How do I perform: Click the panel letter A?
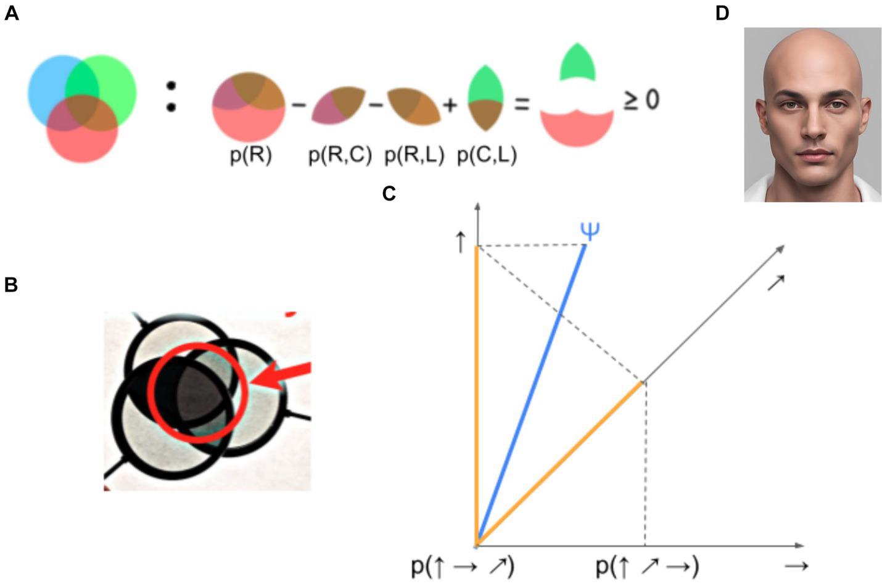pos(11,13)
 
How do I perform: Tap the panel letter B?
pos(10,285)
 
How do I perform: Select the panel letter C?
pos(389,194)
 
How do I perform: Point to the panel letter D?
pos(722,13)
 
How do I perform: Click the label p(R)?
pos(250,155)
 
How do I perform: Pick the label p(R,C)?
pos(340,155)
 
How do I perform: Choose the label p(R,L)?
pos(414,155)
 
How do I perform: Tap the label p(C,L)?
pos(487,155)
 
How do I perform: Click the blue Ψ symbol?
pos(590,231)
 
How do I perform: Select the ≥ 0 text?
pos(641,100)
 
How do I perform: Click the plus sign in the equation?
pos(450,105)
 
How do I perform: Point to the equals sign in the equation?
pos(522,104)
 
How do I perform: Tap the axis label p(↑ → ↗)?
pos(463,566)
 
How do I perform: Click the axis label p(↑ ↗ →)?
pos(647,566)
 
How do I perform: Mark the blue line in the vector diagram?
pos(530,395)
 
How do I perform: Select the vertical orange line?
pos(476,395)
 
